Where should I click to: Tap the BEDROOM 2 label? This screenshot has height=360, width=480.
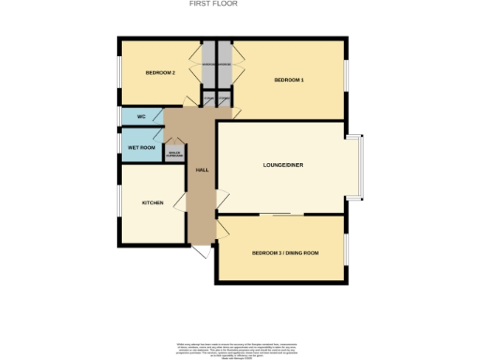tap(160, 72)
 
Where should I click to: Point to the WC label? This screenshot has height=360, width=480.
tap(141, 116)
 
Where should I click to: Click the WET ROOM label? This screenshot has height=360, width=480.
tap(141, 147)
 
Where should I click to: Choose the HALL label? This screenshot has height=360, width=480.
tap(202, 170)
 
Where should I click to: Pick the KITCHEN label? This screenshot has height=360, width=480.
tap(153, 202)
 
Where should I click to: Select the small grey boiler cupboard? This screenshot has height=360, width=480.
tap(173, 153)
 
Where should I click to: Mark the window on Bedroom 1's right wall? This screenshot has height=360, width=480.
tap(347, 79)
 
